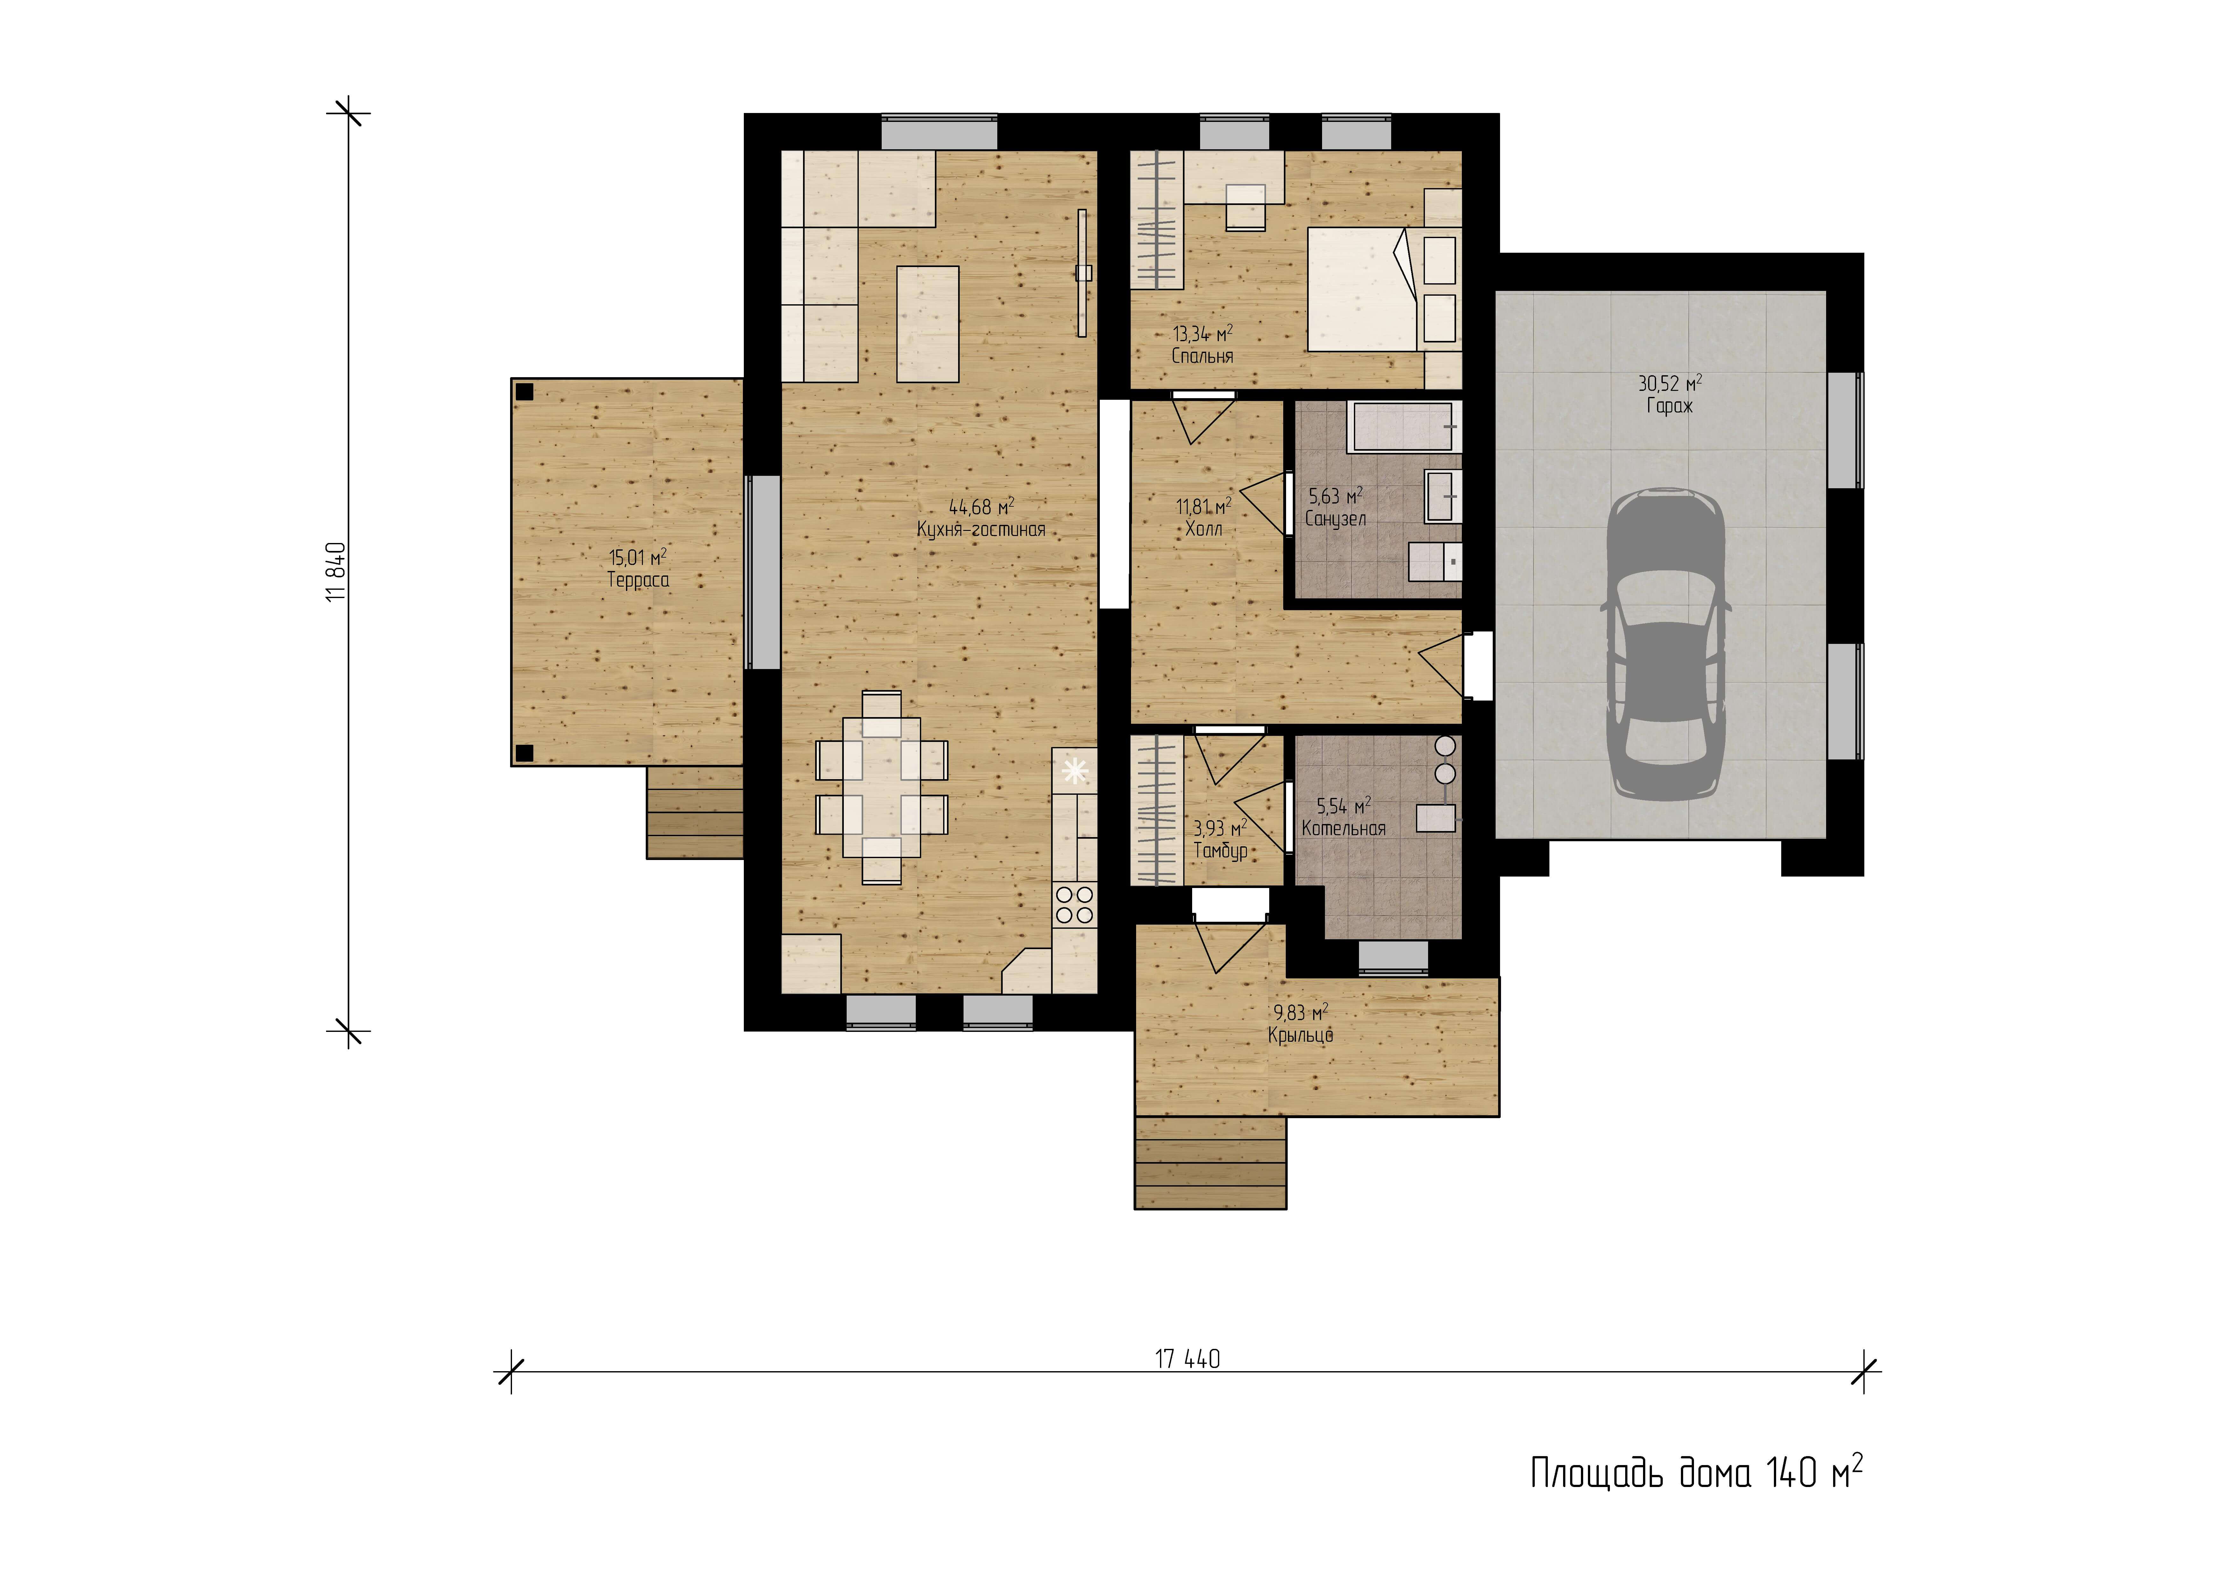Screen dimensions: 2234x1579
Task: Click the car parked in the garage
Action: point(1666,644)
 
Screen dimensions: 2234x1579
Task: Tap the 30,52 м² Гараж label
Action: point(1670,394)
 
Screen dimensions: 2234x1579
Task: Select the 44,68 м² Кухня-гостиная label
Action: point(981,518)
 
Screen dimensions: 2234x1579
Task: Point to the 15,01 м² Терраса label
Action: point(638,568)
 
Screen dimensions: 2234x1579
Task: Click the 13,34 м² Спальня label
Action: point(1203,344)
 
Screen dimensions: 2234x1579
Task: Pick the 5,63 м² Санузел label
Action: point(1335,507)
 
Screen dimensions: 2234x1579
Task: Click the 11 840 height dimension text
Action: point(336,572)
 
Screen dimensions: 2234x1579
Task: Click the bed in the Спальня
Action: point(1362,289)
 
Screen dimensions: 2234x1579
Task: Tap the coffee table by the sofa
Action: point(927,324)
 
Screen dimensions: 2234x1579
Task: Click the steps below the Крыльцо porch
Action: point(1210,1163)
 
